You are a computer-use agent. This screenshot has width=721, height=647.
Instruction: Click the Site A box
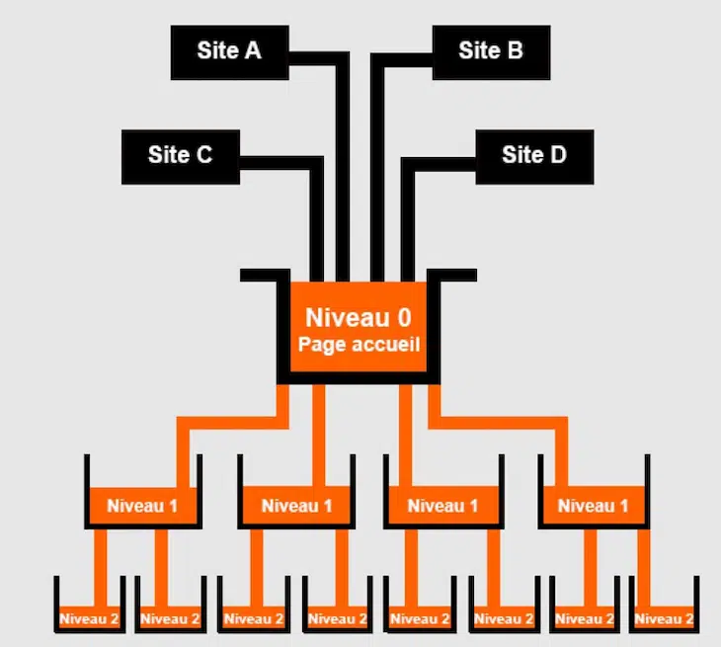229,52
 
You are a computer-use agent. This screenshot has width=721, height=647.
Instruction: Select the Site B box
491,52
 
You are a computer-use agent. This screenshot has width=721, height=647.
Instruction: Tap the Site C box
180,157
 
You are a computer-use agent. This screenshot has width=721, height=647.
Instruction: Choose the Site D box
534,157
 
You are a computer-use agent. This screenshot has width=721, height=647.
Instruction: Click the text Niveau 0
359,317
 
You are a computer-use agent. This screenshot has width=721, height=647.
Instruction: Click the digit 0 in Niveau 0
404,317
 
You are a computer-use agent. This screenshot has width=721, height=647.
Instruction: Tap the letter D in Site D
558,154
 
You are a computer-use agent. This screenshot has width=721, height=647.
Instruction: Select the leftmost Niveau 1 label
142,506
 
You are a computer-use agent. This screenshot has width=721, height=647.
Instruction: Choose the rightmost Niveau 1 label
594,506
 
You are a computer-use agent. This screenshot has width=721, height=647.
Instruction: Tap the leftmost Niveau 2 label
89,618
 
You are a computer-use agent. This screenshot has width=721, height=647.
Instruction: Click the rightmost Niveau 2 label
664,618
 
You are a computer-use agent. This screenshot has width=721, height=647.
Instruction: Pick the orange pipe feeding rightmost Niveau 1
499,423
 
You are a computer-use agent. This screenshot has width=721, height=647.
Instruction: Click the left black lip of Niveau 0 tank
265,275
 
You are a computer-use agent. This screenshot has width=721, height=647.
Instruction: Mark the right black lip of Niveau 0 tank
452,275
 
